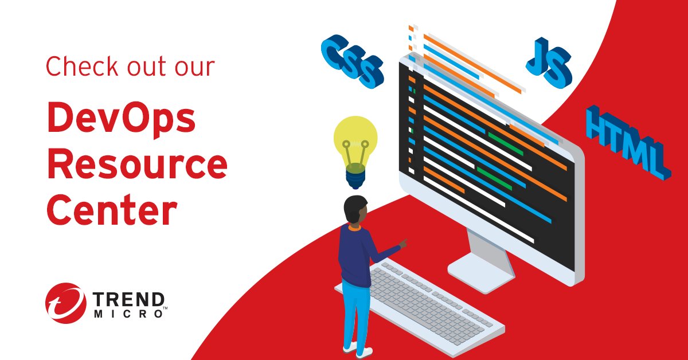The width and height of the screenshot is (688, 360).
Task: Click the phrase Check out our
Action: (130, 66)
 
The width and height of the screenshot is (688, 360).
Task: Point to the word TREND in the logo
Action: (128, 298)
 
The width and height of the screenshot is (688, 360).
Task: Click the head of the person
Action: (355, 209)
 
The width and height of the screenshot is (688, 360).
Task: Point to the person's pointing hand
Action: (403, 243)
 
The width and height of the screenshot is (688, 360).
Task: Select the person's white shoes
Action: (358, 349)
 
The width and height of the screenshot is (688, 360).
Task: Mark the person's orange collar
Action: (354, 226)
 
